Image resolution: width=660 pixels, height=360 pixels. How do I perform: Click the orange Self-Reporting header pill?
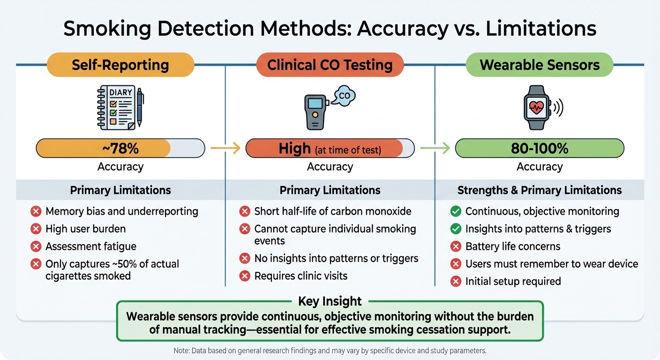click(x=120, y=65)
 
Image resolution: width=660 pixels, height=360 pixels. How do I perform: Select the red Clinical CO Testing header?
click(x=330, y=65)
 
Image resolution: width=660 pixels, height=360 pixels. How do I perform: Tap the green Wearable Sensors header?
click(x=540, y=65)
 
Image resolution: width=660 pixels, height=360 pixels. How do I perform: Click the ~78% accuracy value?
click(x=120, y=149)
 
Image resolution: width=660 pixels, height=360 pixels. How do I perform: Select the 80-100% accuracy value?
click(x=540, y=149)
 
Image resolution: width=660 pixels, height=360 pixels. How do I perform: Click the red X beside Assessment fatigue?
click(x=36, y=247)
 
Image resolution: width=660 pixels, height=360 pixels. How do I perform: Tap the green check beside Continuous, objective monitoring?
click(x=455, y=212)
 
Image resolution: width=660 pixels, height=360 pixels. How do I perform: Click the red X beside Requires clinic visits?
click(x=244, y=276)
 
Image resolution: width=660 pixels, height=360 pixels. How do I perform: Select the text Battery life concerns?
click(x=512, y=247)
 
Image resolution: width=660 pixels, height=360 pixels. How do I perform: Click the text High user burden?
click(x=85, y=229)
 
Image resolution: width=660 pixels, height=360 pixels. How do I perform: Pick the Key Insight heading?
click(x=330, y=301)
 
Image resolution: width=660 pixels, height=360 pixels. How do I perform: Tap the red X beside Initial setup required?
click(x=455, y=281)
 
